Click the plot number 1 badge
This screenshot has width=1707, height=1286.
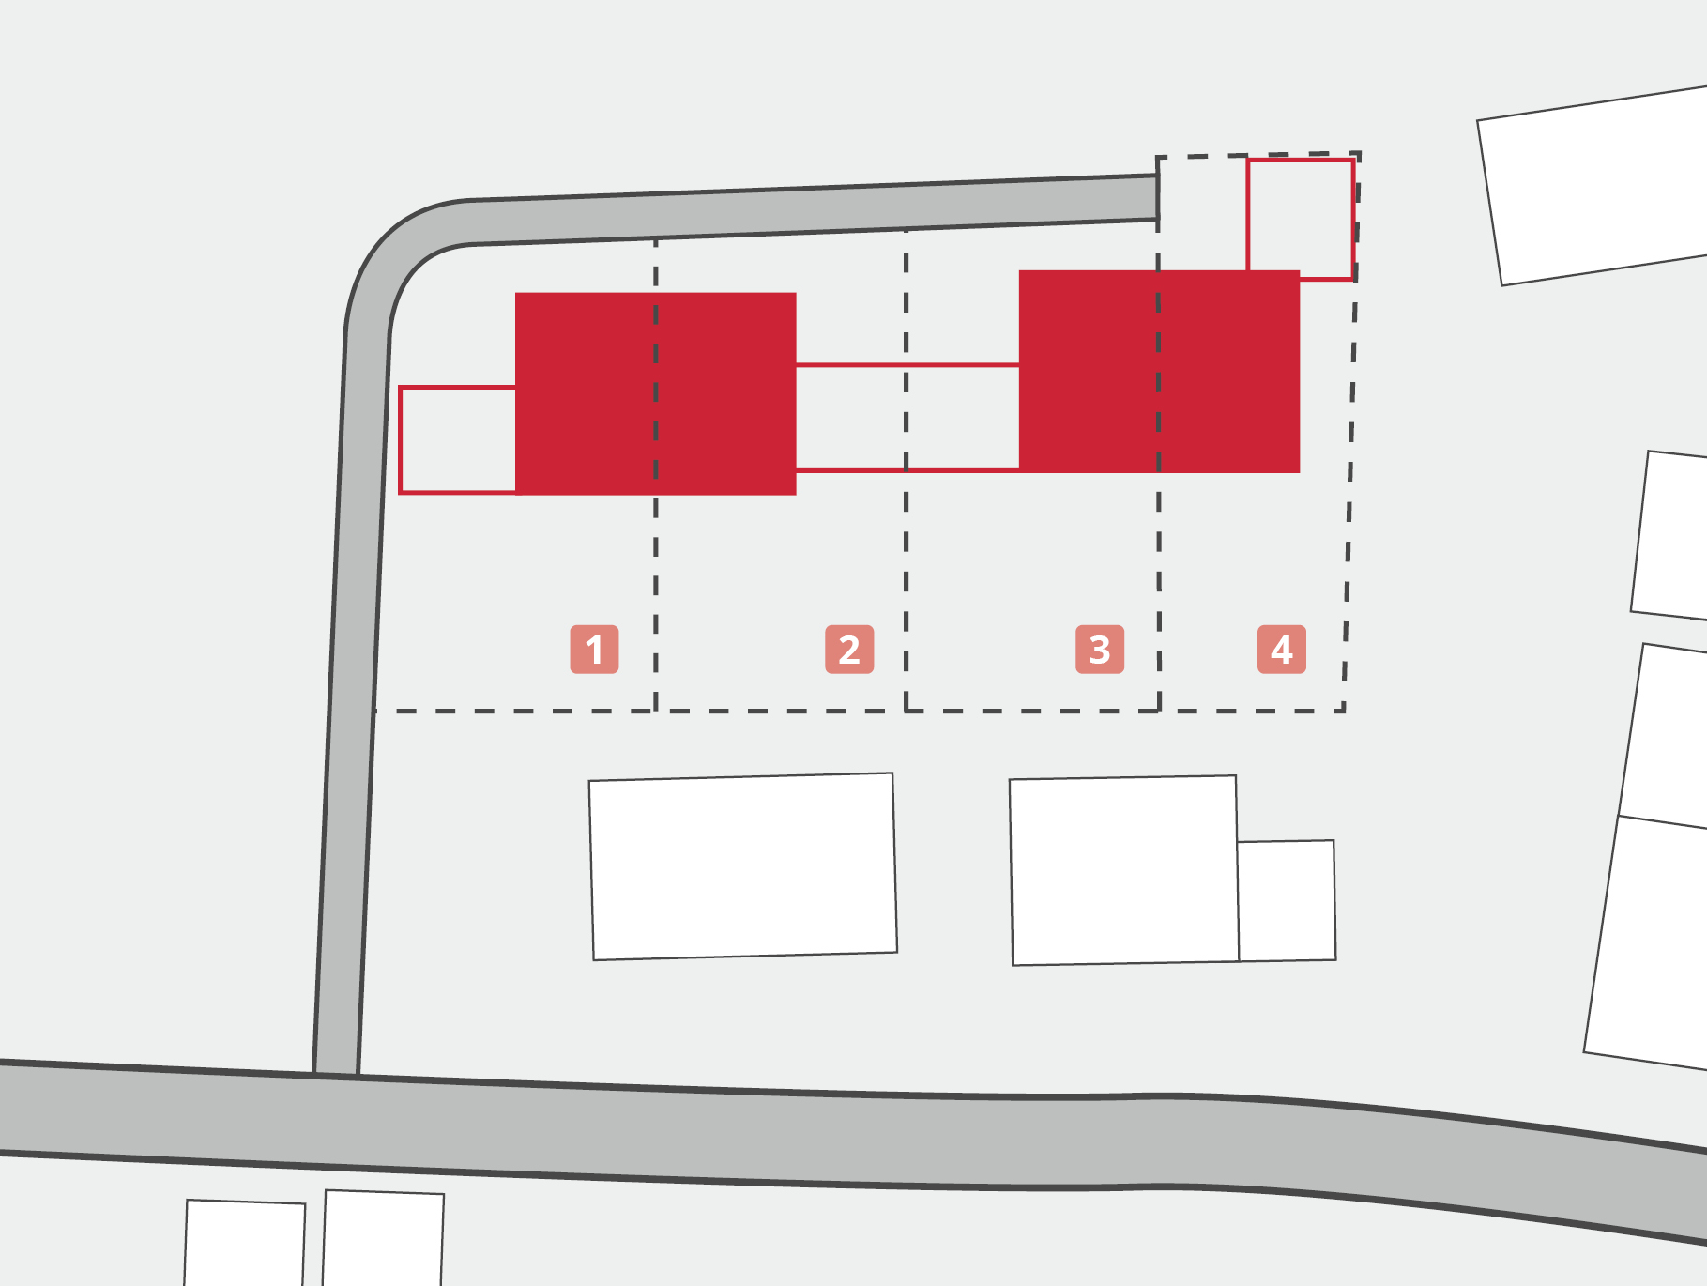point(594,649)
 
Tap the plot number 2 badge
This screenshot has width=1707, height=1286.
point(849,649)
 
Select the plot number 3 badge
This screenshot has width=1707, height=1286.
point(1100,649)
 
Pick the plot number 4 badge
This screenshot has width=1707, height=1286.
point(1282,649)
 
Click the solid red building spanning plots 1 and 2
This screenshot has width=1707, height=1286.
point(656,393)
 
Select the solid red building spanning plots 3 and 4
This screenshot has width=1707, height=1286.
point(1159,372)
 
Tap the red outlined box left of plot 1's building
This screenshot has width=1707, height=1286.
point(402,439)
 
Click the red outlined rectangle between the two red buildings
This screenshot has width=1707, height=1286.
point(907,365)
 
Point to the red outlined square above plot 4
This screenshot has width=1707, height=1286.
point(1300,161)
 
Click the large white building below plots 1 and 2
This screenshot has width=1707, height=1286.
point(743,866)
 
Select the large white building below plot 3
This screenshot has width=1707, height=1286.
point(1124,870)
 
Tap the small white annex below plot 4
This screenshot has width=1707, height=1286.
point(1287,900)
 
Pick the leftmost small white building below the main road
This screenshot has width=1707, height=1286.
point(245,1243)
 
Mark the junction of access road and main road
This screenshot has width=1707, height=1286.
point(336,1075)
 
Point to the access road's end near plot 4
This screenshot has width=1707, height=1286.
point(1156,197)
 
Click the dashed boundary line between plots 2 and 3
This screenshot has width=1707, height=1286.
point(906,469)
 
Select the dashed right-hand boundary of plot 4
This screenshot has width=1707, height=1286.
point(1351,432)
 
